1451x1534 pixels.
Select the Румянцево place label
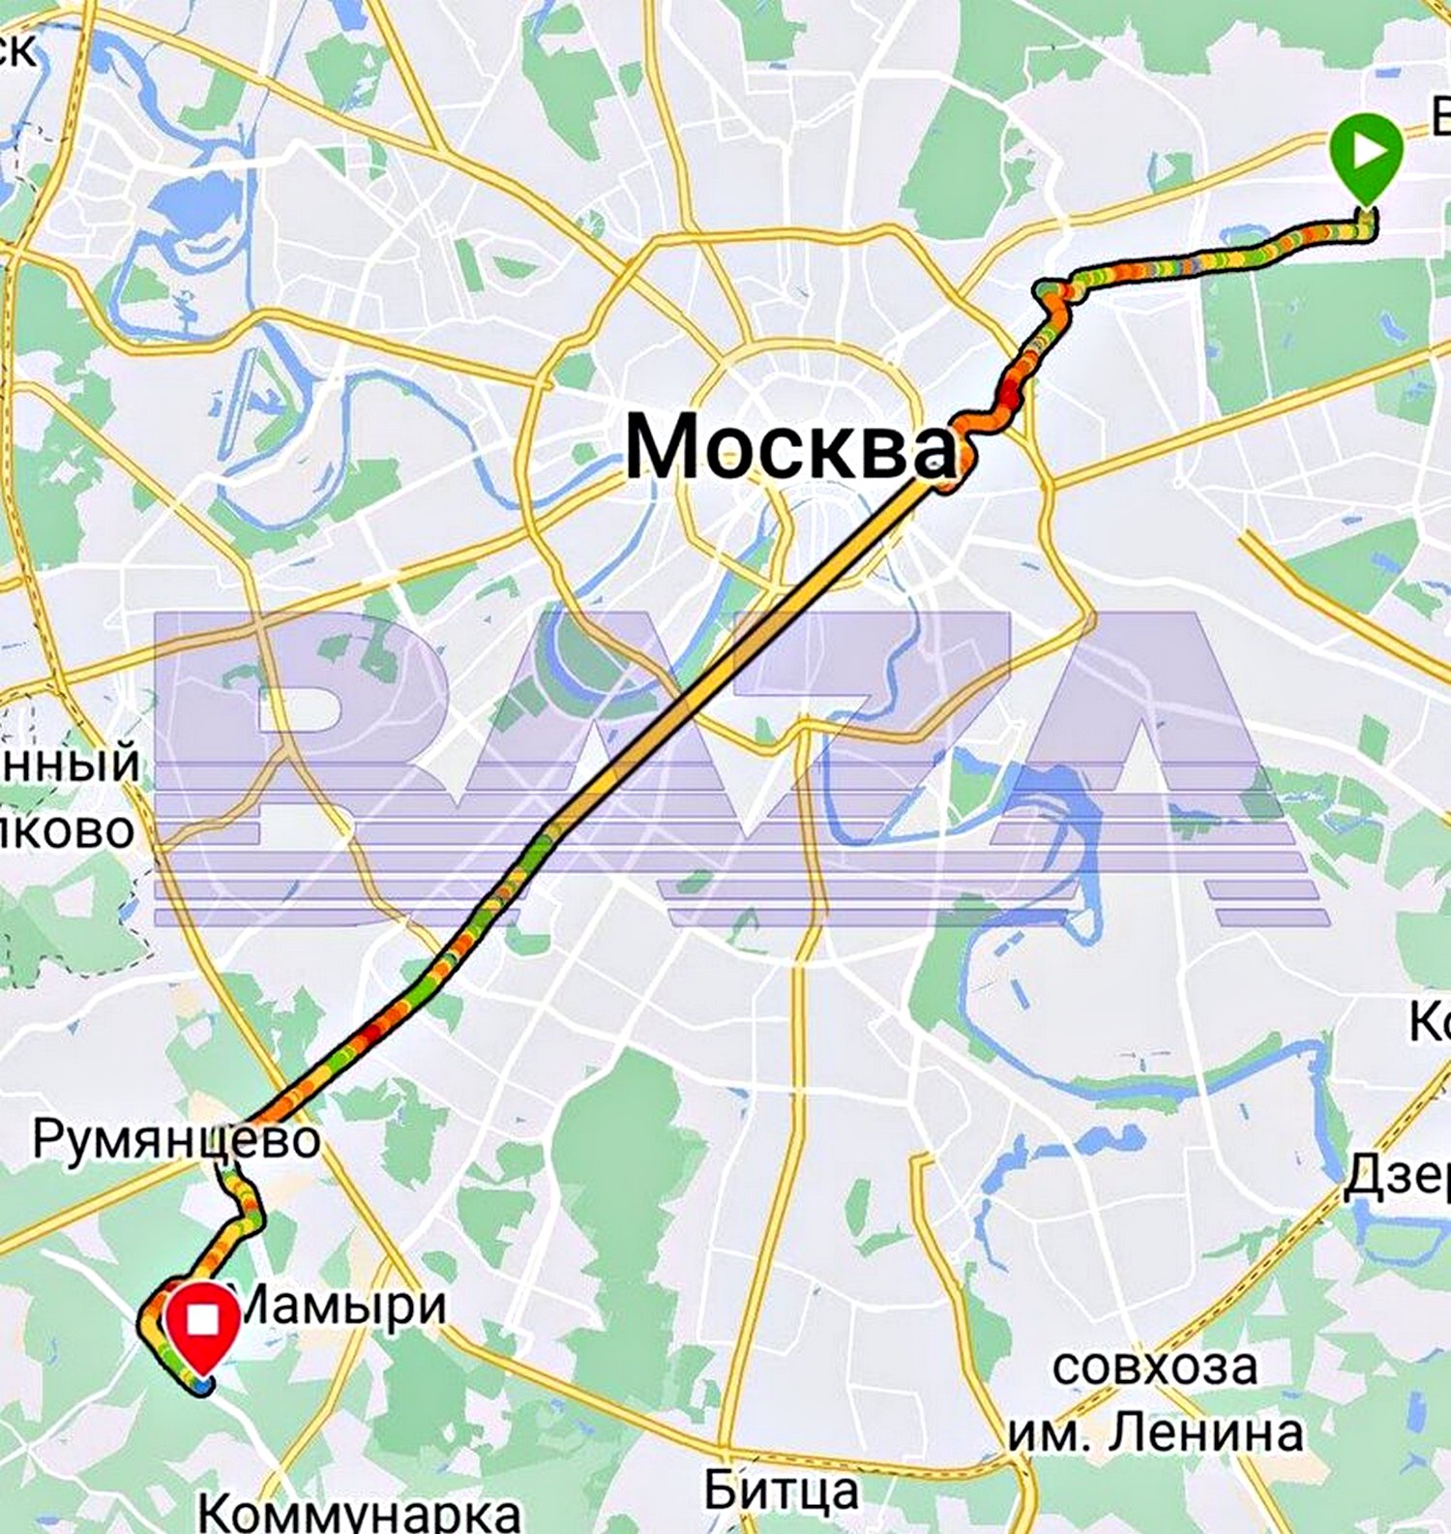click(x=176, y=1139)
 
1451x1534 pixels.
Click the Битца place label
click(x=781, y=1490)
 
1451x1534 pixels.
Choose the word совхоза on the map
click(x=1155, y=1367)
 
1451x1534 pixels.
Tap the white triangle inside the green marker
click(x=1367, y=151)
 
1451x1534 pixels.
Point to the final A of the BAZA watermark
click(x=1151, y=765)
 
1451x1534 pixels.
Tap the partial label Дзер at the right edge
click(x=1399, y=1176)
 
